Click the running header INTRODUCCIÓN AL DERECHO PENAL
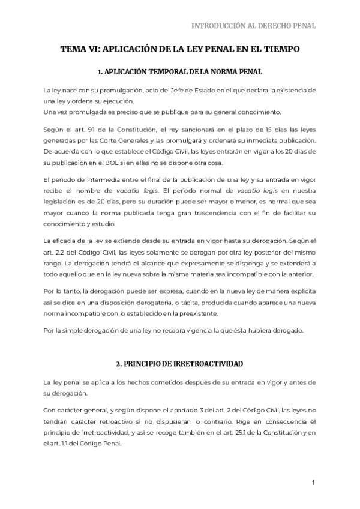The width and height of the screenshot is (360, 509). tap(253, 26)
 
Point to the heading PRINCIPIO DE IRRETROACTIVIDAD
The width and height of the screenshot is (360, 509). tap(180, 364)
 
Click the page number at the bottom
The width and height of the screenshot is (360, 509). tap(313, 483)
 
